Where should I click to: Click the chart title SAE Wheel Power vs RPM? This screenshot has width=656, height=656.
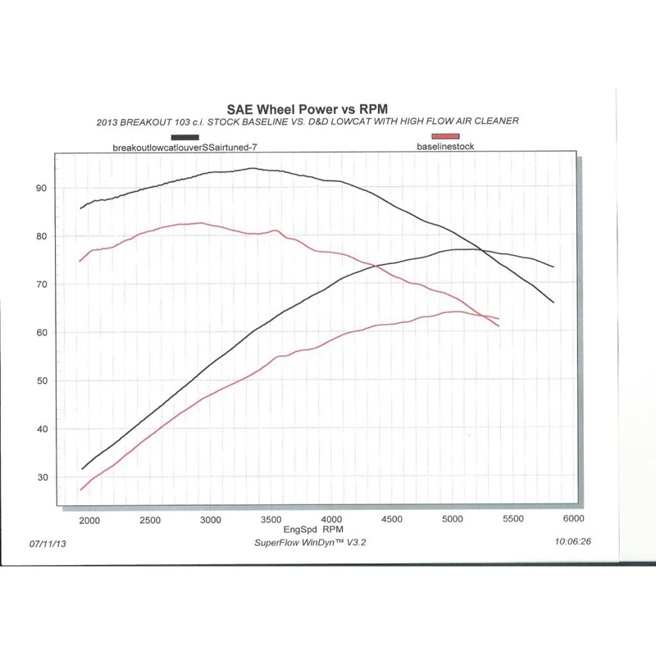[306, 108]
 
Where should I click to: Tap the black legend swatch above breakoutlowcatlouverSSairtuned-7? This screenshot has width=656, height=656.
[184, 137]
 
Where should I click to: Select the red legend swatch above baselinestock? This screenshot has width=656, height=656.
[445, 136]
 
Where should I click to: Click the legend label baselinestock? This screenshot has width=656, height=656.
[445, 146]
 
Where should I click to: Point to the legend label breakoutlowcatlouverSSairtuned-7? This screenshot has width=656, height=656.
[189, 148]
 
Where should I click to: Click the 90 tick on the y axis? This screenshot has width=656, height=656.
[41, 189]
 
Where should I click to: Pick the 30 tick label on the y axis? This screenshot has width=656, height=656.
[41, 478]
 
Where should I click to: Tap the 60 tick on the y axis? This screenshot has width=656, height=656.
[41, 333]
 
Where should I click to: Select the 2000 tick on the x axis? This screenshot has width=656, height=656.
[89, 520]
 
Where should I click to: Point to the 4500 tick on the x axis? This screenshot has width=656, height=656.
[392, 520]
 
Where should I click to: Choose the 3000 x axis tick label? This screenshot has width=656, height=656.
[211, 520]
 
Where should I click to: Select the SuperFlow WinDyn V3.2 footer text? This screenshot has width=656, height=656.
[311, 542]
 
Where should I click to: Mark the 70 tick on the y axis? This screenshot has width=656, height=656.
[41, 285]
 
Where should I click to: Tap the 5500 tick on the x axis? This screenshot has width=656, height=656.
[512, 520]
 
